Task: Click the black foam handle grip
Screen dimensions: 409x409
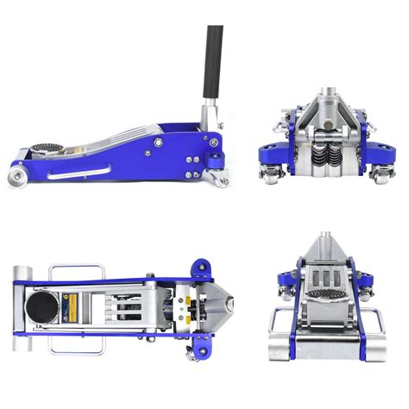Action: pyautogui.click(x=212, y=60)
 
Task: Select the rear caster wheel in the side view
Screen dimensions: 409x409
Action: pyautogui.click(x=221, y=179)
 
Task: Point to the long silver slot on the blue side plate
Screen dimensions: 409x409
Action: pyautogui.click(x=79, y=173)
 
